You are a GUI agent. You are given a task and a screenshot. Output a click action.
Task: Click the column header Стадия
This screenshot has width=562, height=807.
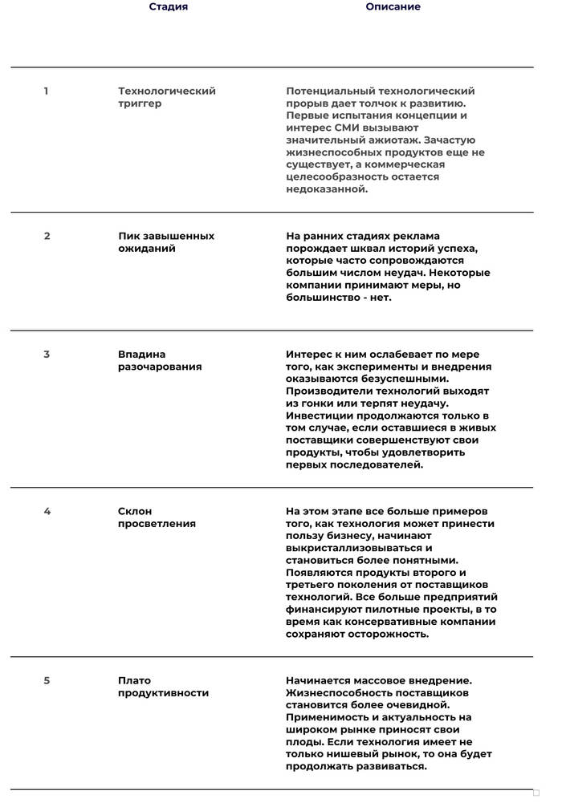click(x=169, y=7)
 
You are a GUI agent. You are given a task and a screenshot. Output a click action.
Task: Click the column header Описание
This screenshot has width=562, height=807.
click(x=393, y=7)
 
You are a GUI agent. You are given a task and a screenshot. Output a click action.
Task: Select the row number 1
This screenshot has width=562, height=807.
click(x=46, y=91)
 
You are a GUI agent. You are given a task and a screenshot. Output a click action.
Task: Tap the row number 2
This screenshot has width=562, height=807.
click(x=47, y=237)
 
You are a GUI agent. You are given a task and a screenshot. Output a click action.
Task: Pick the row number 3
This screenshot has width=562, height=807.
click(x=47, y=355)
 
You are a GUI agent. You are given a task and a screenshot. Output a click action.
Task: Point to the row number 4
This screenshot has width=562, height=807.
click(x=47, y=512)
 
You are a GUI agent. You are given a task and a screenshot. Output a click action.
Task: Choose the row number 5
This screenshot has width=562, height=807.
click(x=47, y=681)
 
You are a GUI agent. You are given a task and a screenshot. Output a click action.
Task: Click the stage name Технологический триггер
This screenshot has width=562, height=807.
click(x=167, y=98)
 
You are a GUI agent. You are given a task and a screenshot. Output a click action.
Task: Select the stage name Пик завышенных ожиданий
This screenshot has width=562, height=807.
click(x=166, y=242)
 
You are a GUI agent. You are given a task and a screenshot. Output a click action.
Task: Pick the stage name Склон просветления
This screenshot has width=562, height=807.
click(x=157, y=517)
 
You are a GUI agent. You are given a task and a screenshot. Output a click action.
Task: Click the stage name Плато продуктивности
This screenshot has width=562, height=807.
click(x=163, y=687)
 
